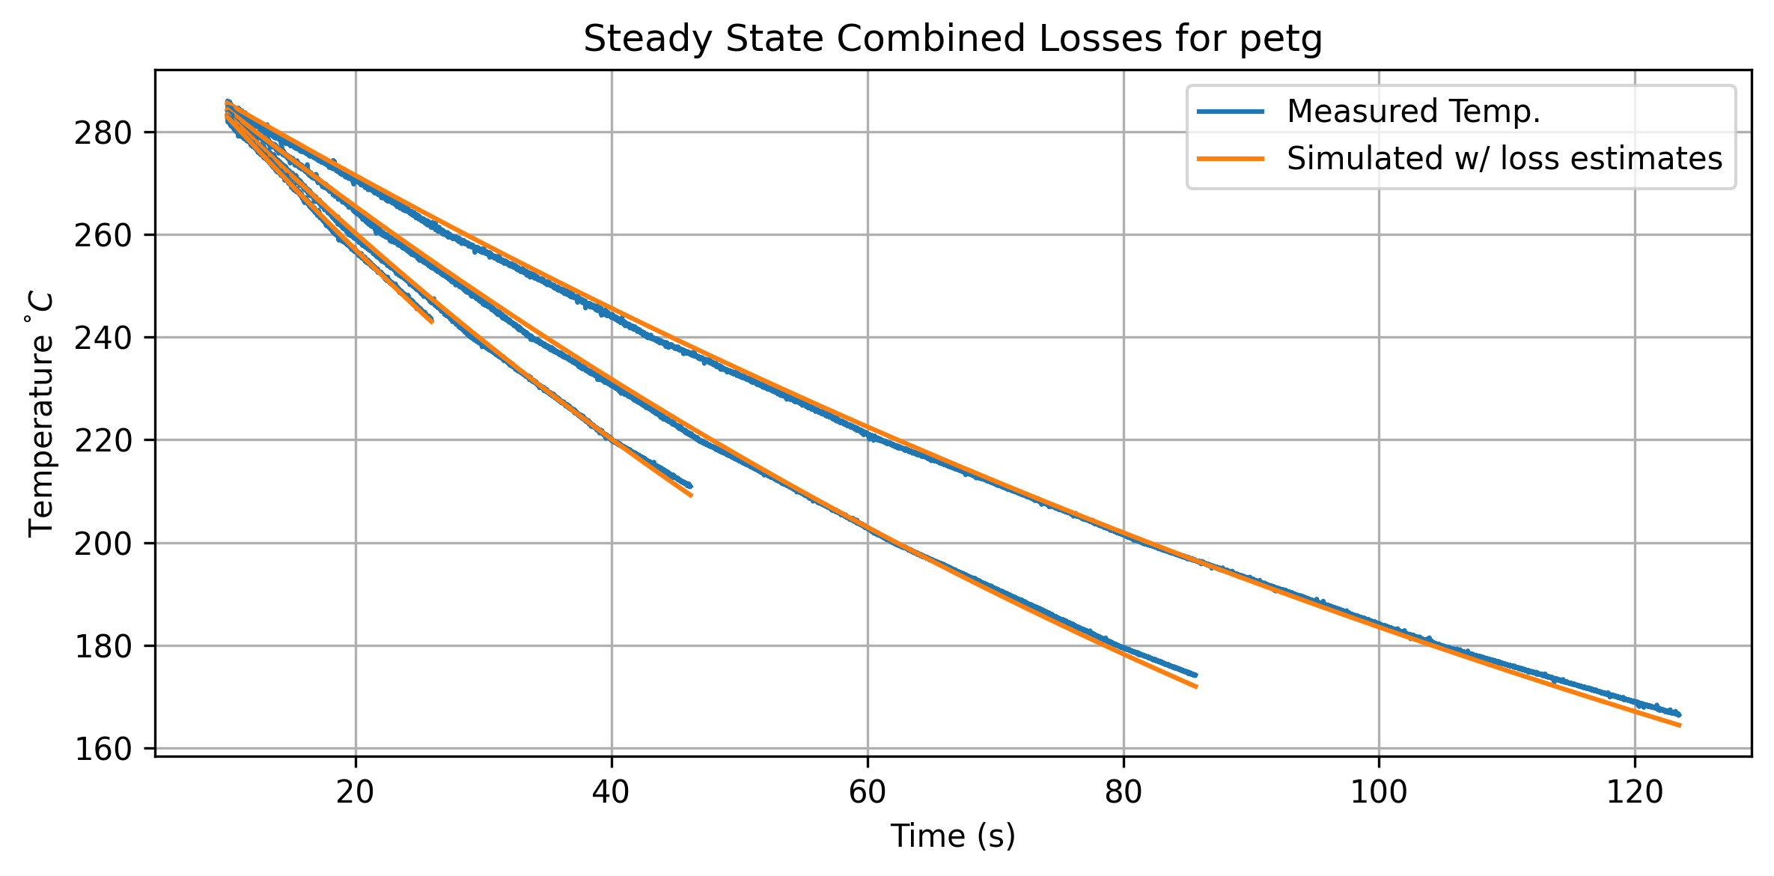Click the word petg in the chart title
tap(1281, 40)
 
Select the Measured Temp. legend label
tap(1413, 112)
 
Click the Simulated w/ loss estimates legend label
tap(1505, 159)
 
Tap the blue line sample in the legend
tap(1231, 112)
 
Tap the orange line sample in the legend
tap(1231, 159)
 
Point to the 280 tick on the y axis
tap(103, 133)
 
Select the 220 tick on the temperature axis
tap(103, 441)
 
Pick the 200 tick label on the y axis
tap(103, 544)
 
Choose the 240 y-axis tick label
tap(103, 338)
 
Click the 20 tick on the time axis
tap(355, 792)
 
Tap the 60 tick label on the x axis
tap(868, 792)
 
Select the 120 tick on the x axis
tap(1635, 792)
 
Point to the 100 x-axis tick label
tap(1379, 792)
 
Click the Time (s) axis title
tap(953, 836)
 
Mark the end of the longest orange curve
tap(1680, 726)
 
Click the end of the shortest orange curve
tap(432, 322)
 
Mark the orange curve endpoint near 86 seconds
tap(1197, 687)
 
